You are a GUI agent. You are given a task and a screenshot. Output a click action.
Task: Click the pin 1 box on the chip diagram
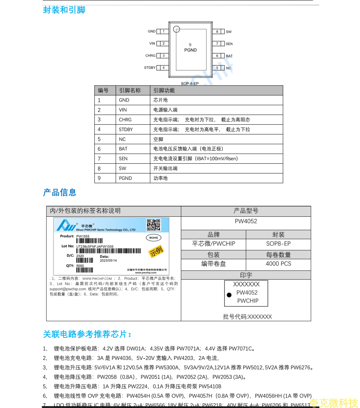click(x=163, y=31)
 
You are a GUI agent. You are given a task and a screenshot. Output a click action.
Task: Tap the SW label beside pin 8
click(x=228, y=32)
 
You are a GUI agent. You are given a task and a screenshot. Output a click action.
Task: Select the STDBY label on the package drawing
click(x=150, y=68)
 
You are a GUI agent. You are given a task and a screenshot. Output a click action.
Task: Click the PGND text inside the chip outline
click(x=190, y=50)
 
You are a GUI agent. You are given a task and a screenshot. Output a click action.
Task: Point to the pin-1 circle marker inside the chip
click(x=177, y=29)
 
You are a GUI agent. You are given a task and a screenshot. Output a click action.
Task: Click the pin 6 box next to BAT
click(x=217, y=56)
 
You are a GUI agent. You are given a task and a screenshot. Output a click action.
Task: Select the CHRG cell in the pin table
click(x=125, y=120)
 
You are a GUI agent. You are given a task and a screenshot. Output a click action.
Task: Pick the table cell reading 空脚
click(x=158, y=139)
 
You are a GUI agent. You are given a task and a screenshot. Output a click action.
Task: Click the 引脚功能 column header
click(x=164, y=91)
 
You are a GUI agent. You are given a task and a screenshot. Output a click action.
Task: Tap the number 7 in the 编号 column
click(x=99, y=159)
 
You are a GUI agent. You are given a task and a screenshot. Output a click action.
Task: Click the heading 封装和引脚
click(x=64, y=10)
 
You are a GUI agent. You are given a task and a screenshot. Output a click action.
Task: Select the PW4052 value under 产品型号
click(x=246, y=221)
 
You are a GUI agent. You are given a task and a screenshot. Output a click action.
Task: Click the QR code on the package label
click(x=153, y=225)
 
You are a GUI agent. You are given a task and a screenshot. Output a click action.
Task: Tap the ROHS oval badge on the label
click(x=153, y=238)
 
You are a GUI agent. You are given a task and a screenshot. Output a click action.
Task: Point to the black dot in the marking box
click(x=229, y=295)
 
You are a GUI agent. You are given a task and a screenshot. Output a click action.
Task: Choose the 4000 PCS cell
click(x=278, y=264)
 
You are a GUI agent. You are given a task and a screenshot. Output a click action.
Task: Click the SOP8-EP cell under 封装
click(x=278, y=244)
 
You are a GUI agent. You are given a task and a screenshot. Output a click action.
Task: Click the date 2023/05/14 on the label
click(x=108, y=261)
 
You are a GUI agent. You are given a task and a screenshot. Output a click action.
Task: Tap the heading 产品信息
click(x=60, y=192)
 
